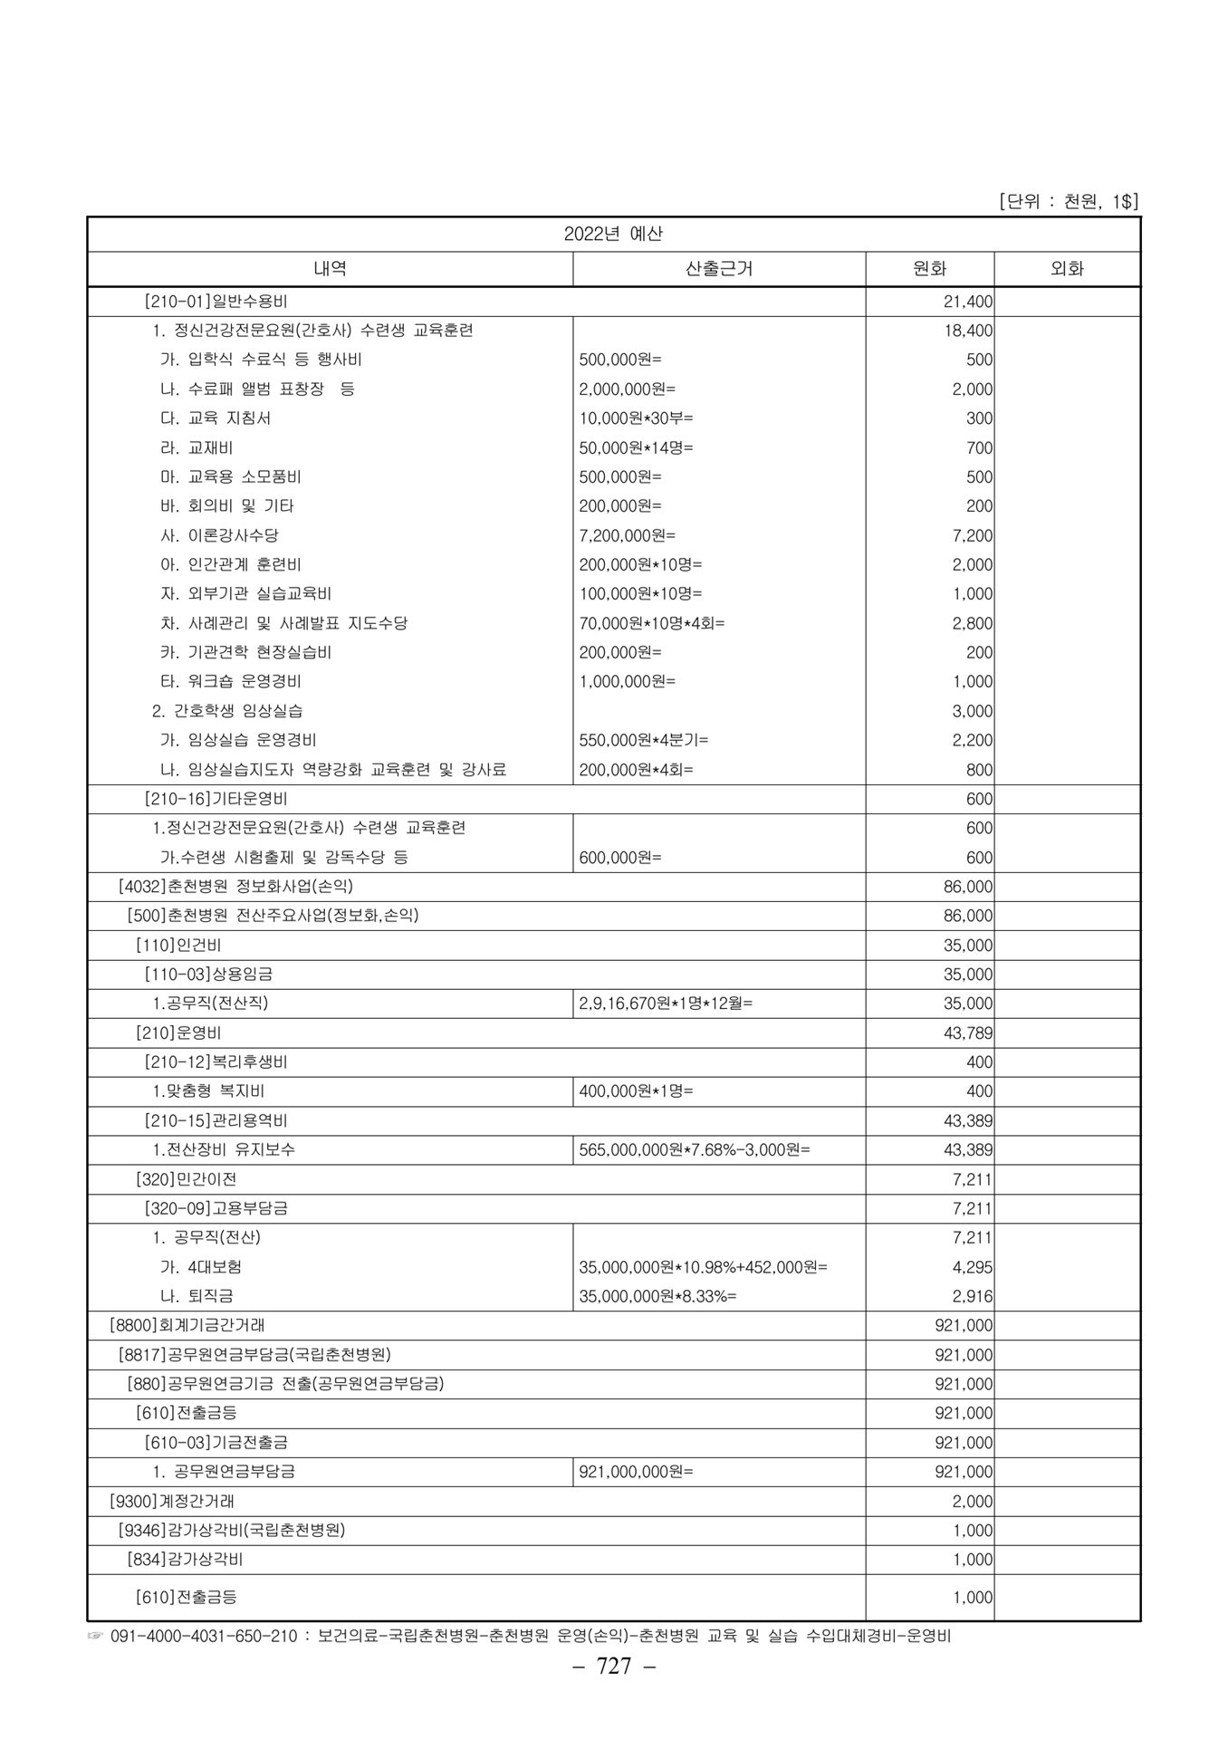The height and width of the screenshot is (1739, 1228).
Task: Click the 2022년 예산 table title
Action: (x=613, y=234)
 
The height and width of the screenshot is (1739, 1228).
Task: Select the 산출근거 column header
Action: (x=719, y=269)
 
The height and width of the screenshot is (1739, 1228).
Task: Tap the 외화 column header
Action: (x=1067, y=269)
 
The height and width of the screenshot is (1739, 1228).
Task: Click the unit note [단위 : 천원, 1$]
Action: (x=1068, y=201)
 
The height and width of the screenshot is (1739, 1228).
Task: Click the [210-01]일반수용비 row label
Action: (x=216, y=301)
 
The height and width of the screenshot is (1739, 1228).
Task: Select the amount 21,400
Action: (x=968, y=302)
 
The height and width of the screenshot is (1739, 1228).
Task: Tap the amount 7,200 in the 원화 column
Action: (x=973, y=536)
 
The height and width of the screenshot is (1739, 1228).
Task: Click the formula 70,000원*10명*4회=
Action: (x=652, y=623)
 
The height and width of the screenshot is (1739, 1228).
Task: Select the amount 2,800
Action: (x=973, y=624)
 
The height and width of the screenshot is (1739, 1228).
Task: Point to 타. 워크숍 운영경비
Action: (x=230, y=681)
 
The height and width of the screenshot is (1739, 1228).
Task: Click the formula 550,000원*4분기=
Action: (x=644, y=740)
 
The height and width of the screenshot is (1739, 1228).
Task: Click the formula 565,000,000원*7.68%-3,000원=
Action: (x=695, y=1149)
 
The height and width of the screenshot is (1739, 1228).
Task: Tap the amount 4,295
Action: (x=973, y=1267)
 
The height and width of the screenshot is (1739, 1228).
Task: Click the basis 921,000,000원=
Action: (x=636, y=1472)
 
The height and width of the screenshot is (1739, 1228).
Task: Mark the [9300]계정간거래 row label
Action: (x=171, y=1501)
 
